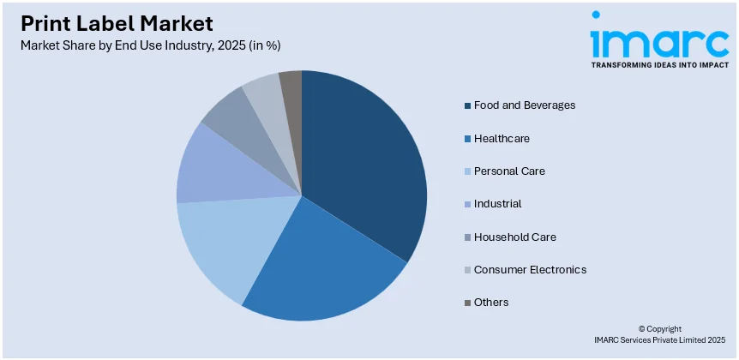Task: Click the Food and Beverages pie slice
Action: [x=364, y=163]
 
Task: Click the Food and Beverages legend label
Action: [x=524, y=105]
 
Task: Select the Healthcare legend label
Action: [x=502, y=138]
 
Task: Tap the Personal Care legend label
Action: [x=509, y=171]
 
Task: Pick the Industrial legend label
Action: [x=497, y=204]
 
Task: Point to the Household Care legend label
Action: [x=514, y=237]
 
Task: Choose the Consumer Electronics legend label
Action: [x=530, y=269]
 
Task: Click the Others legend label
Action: [x=490, y=303]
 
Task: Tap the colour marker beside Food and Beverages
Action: [x=467, y=105]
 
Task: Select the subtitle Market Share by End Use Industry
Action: [x=150, y=45]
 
